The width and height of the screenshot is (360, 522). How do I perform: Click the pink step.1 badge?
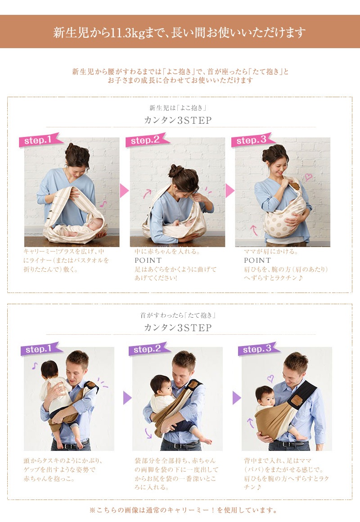[x=40, y=140]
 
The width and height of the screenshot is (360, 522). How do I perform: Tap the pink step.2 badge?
[x=147, y=140]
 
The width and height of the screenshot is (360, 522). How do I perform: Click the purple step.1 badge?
[x=41, y=349]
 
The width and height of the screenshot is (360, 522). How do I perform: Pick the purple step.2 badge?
[x=149, y=349]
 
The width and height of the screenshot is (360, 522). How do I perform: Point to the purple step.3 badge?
[x=259, y=349]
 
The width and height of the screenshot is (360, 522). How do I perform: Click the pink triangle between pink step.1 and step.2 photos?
[x=124, y=190]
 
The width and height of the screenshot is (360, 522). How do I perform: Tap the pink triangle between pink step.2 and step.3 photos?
[x=229, y=190]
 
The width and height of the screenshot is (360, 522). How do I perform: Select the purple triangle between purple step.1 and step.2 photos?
[x=127, y=397]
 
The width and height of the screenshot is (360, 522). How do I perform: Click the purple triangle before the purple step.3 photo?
[x=236, y=397]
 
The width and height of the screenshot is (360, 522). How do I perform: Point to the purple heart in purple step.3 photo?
[x=271, y=378]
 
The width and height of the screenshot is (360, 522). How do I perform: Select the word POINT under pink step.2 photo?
[x=148, y=261]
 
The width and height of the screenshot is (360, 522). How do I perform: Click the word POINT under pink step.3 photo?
[x=257, y=261]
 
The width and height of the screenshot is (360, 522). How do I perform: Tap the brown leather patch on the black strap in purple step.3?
[x=296, y=400]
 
